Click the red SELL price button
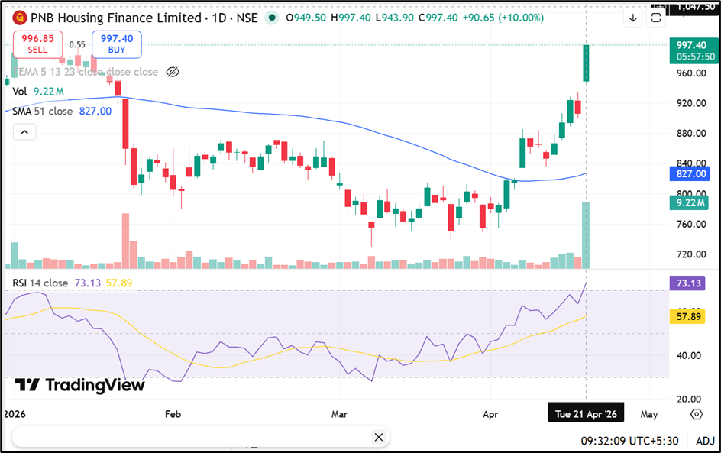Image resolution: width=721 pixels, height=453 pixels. [x=37, y=44]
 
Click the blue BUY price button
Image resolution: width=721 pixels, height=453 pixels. [x=116, y=44]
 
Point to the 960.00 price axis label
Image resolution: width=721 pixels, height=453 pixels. [x=690, y=73]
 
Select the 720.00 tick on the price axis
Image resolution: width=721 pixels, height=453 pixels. [x=690, y=254]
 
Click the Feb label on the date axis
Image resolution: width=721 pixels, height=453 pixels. [x=173, y=414]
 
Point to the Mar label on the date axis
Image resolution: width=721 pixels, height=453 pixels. [x=340, y=414]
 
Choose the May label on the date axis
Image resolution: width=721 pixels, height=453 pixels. [x=648, y=414]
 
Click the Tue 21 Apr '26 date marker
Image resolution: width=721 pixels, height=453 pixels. [x=586, y=414]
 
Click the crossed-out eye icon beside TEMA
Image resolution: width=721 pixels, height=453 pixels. [x=173, y=72]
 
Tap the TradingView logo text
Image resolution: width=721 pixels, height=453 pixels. [x=81, y=385]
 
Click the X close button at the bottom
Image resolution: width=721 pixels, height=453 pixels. [x=378, y=437]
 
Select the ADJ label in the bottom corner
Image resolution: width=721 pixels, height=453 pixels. [x=705, y=440]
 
